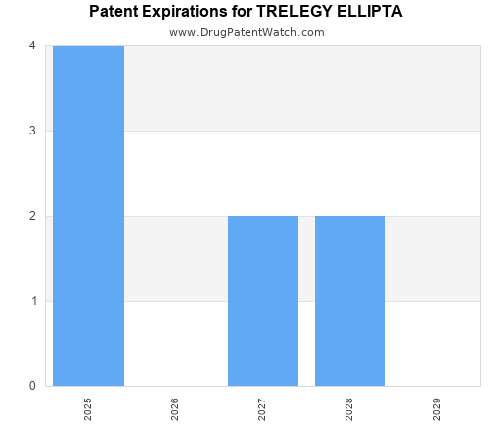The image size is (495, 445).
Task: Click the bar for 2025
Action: click(88, 216)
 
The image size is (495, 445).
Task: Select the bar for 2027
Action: click(262, 301)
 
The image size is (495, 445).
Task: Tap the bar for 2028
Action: click(349, 301)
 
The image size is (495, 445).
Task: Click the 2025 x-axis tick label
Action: click(88, 409)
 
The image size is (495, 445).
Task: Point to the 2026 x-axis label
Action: click(175, 409)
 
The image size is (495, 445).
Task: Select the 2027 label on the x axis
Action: click(262, 409)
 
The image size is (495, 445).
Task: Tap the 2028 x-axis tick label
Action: click(349, 409)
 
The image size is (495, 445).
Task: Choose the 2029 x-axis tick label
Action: click(437, 409)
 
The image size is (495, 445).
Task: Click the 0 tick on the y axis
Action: click(32, 386)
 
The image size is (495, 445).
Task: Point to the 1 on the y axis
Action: click(32, 301)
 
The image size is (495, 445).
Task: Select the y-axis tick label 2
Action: click(32, 216)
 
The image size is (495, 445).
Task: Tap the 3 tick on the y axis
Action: click(32, 131)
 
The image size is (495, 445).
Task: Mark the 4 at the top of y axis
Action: click(32, 45)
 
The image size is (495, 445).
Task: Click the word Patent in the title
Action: click(114, 12)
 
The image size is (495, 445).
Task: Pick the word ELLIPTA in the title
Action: click(369, 12)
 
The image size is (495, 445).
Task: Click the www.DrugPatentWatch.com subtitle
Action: click(247, 32)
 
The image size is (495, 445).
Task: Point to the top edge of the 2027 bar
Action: click(262, 216)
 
